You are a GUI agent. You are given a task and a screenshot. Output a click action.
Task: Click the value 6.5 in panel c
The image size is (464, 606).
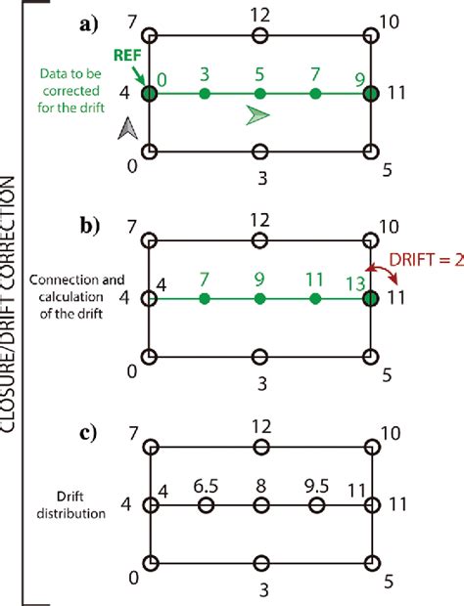pyautogui.click(x=206, y=486)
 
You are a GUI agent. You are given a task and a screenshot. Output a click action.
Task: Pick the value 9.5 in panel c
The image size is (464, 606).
pyautogui.click(x=315, y=486)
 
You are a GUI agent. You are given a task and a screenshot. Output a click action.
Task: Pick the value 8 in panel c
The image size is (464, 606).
pyautogui.click(x=259, y=486)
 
